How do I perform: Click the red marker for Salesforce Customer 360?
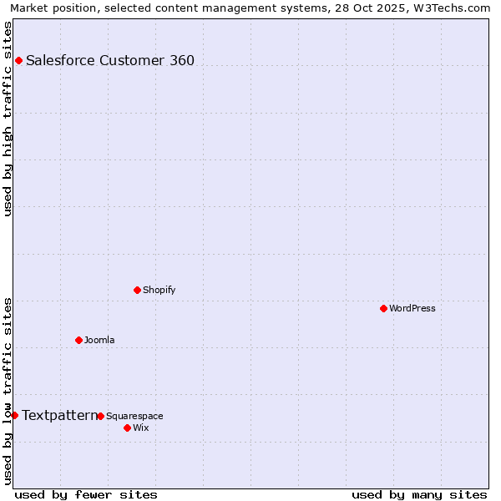pos(18,60)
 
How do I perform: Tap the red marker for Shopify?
pos(137,290)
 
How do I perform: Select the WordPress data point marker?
pos(383,308)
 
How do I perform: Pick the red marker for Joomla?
pos(78,340)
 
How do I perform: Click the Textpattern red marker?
pos(14,415)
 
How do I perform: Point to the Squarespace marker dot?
pos(100,416)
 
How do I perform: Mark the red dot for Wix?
pos(127,428)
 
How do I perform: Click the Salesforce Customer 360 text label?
pos(110,60)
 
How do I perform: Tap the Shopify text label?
pos(159,290)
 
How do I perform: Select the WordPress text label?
pos(412,308)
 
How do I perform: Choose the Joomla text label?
pos(99,340)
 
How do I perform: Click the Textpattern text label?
pos(59,415)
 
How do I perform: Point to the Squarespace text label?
pos(134,416)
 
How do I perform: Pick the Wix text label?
pos(140,428)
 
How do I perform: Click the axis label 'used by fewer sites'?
pos(86,494)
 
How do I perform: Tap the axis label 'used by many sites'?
pos(419,494)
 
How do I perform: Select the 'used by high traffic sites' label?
pos(8,119)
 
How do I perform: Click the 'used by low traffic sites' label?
pos(8,390)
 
